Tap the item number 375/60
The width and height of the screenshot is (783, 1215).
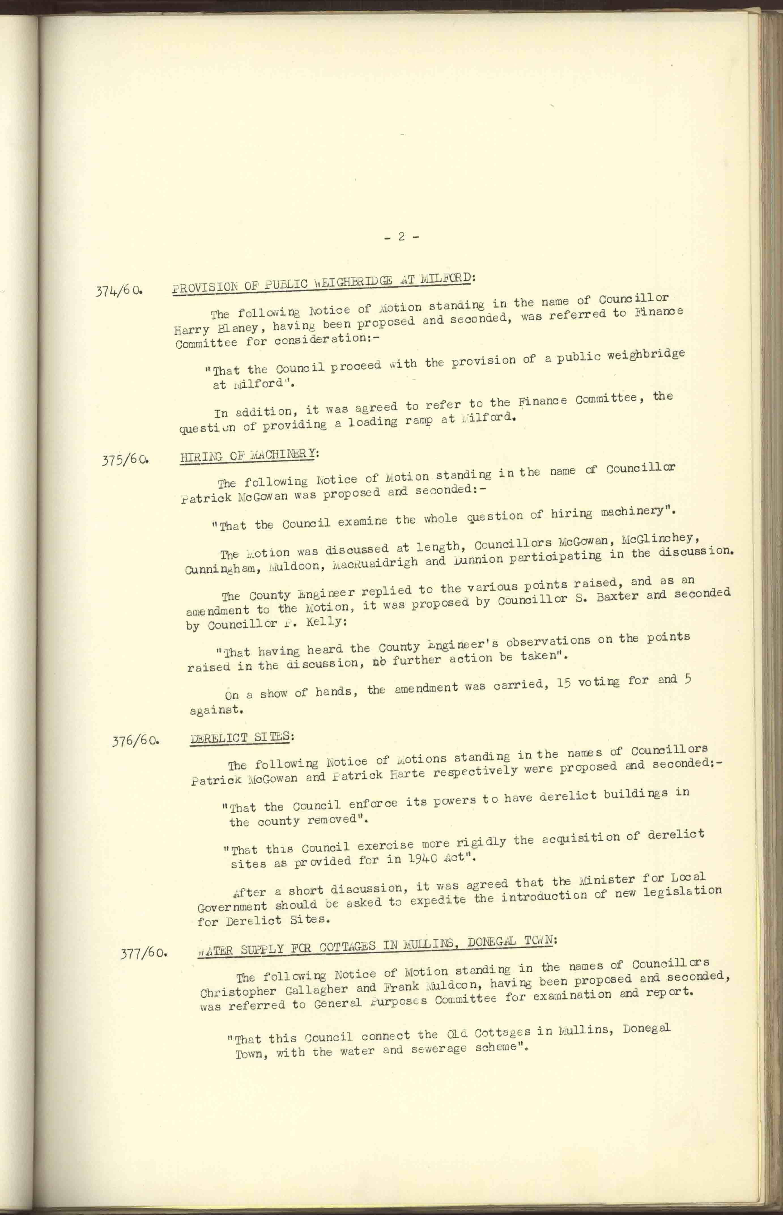pyautogui.click(x=125, y=460)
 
